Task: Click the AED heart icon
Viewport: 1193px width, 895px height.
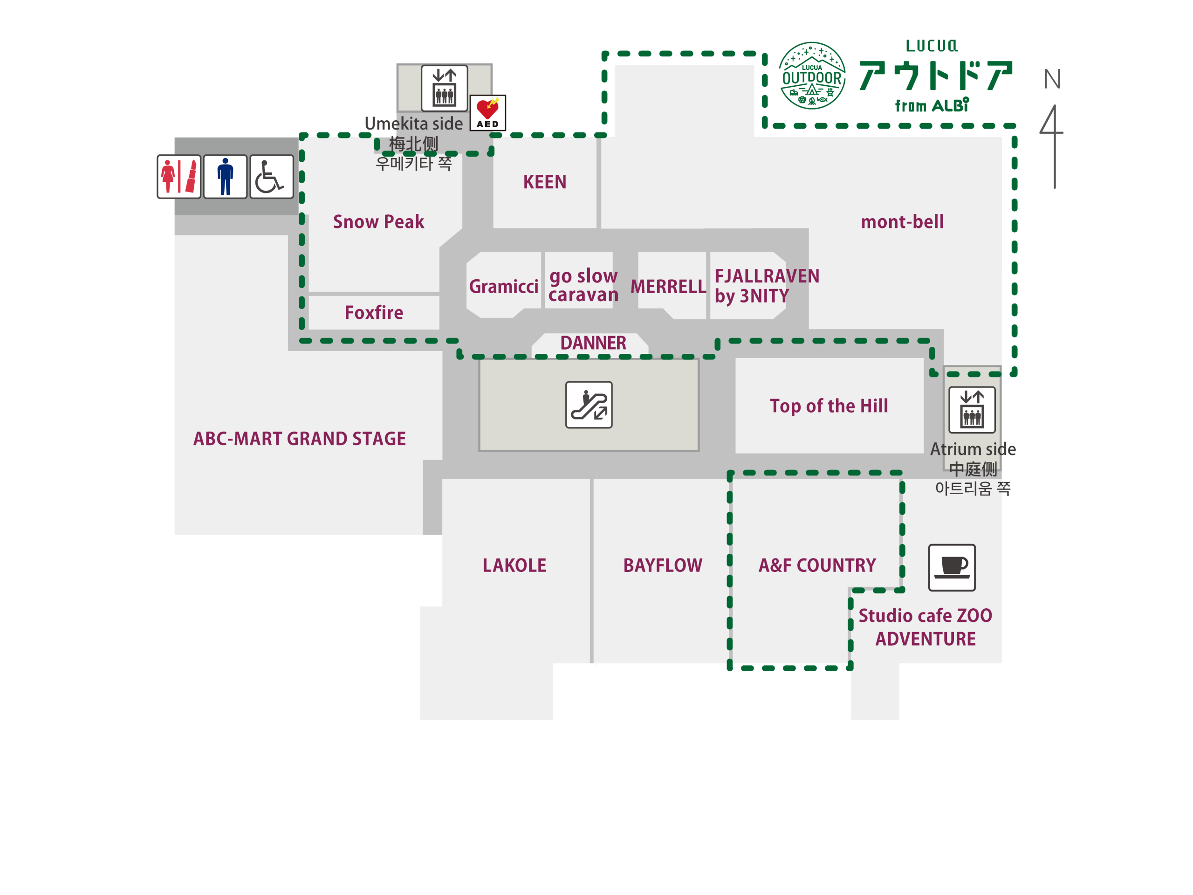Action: (x=487, y=113)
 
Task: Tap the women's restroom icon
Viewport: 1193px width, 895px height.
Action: (x=179, y=176)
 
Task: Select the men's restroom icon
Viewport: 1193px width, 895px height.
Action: (x=226, y=176)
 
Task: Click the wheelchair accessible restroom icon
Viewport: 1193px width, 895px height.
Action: (x=271, y=176)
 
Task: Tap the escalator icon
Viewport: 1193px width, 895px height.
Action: (x=589, y=405)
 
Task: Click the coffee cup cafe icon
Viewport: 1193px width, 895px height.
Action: (x=952, y=567)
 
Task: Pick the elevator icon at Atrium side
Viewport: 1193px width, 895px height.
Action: (x=972, y=409)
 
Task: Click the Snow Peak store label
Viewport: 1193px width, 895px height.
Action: (x=378, y=222)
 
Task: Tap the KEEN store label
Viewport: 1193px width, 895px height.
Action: (x=545, y=182)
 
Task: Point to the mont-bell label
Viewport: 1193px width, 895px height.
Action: (x=902, y=222)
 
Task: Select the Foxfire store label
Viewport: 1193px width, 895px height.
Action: (x=374, y=312)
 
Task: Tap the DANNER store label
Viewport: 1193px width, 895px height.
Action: (x=593, y=343)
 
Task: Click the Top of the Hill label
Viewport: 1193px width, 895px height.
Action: (x=829, y=406)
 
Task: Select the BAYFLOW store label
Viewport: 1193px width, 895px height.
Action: (x=662, y=565)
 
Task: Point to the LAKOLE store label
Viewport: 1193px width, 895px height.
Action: (x=514, y=565)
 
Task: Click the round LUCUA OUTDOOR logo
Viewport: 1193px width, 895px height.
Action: (x=812, y=76)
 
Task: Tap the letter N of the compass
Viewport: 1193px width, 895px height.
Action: (x=1052, y=80)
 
